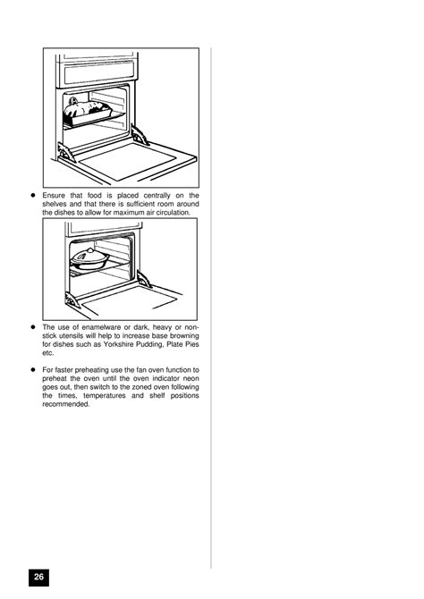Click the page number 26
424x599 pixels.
38,577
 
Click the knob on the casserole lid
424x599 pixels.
89,249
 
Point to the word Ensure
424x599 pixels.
54,196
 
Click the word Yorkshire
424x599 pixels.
118,344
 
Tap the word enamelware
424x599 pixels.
101,327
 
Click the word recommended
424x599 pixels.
66,404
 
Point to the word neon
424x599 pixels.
191,378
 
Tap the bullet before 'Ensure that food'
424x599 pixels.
33,195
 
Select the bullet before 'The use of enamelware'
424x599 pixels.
33,327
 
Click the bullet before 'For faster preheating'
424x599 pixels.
33,370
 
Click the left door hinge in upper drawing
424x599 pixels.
66,153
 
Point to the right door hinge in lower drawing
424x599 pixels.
144,280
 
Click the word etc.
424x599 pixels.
47,353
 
